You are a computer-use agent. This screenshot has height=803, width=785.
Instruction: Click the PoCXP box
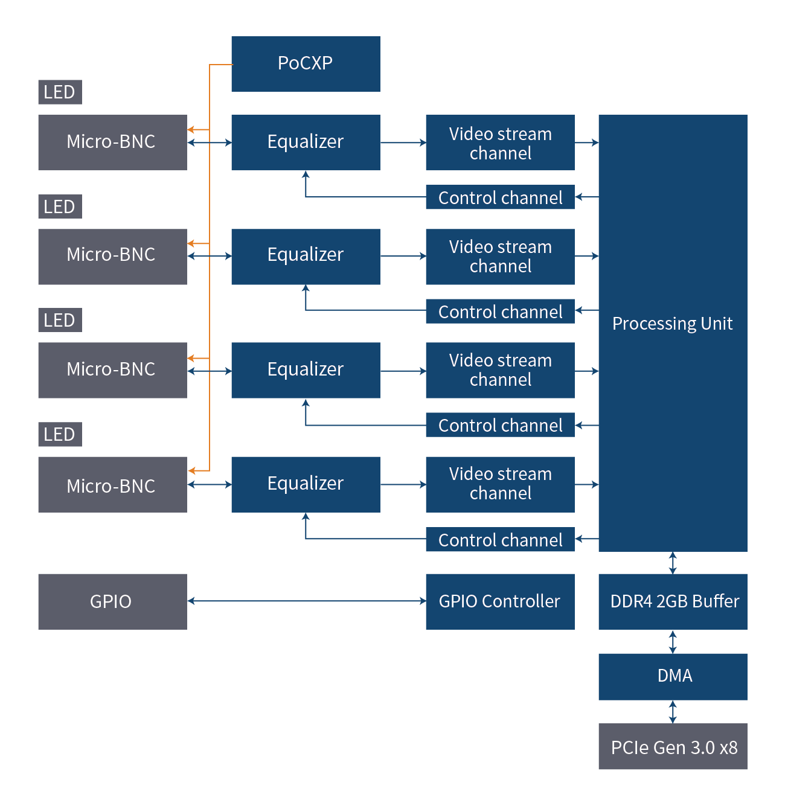click(306, 64)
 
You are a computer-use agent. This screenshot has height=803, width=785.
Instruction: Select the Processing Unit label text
click(672, 324)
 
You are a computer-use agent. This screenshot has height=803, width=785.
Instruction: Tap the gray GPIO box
click(112, 601)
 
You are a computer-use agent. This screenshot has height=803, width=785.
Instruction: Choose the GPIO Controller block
click(500, 601)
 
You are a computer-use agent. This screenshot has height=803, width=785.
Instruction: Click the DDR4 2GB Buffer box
click(673, 601)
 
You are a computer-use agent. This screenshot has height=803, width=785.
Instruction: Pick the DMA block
click(673, 676)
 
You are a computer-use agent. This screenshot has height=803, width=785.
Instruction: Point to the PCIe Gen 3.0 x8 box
click(673, 747)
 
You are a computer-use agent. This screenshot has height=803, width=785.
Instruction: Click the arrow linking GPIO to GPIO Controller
click(306, 601)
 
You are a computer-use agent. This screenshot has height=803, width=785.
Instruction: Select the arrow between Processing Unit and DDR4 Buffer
click(673, 563)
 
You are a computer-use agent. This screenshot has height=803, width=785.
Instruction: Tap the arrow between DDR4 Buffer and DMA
click(673, 641)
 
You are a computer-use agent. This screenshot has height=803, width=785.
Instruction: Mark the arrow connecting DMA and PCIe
click(673, 712)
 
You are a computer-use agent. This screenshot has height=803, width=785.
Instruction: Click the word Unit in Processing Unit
click(717, 324)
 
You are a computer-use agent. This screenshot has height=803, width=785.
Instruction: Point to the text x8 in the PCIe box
click(729, 748)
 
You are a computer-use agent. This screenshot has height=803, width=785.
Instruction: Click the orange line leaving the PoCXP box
click(220, 65)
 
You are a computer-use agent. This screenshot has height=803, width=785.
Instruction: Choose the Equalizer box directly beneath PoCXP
click(306, 142)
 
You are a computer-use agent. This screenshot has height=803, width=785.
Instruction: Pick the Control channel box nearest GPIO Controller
click(500, 540)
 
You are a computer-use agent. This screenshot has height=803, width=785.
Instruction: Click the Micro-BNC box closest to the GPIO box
click(112, 485)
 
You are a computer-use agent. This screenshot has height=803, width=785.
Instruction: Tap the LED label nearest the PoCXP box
click(60, 92)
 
